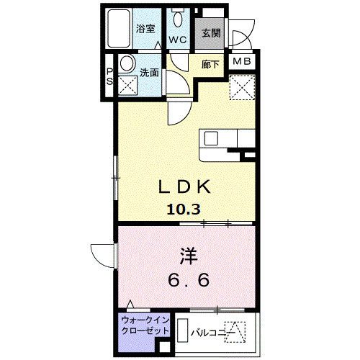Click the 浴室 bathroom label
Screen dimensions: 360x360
[x=145, y=29]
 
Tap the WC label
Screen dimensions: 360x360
[x=178, y=40]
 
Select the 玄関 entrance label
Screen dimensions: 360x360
[x=211, y=33]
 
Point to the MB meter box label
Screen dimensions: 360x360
[x=242, y=61]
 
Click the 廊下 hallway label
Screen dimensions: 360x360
[x=210, y=64]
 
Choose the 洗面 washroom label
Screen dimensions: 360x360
[x=149, y=73]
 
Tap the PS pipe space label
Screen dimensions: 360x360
[x=109, y=77]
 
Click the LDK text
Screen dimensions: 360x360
[x=184, y=187]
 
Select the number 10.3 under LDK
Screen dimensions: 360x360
[x=184, y=210]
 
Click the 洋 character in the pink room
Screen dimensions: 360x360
[x=189, y=256]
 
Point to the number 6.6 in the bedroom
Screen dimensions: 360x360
[x=189, y=280]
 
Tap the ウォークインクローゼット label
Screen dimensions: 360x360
[x=145, y=325]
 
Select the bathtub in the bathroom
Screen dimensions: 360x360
[x=119, y=29]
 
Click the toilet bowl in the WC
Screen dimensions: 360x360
[x=178, y=19]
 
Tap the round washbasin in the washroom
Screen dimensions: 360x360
[x=127, y=63]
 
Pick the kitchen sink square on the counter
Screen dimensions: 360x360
[x=211, y=138]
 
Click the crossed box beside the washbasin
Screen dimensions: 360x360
[x=127, y=85]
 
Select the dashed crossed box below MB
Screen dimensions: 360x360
[x=242, y=87]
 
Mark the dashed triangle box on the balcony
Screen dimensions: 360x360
[x=235, y=332]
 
